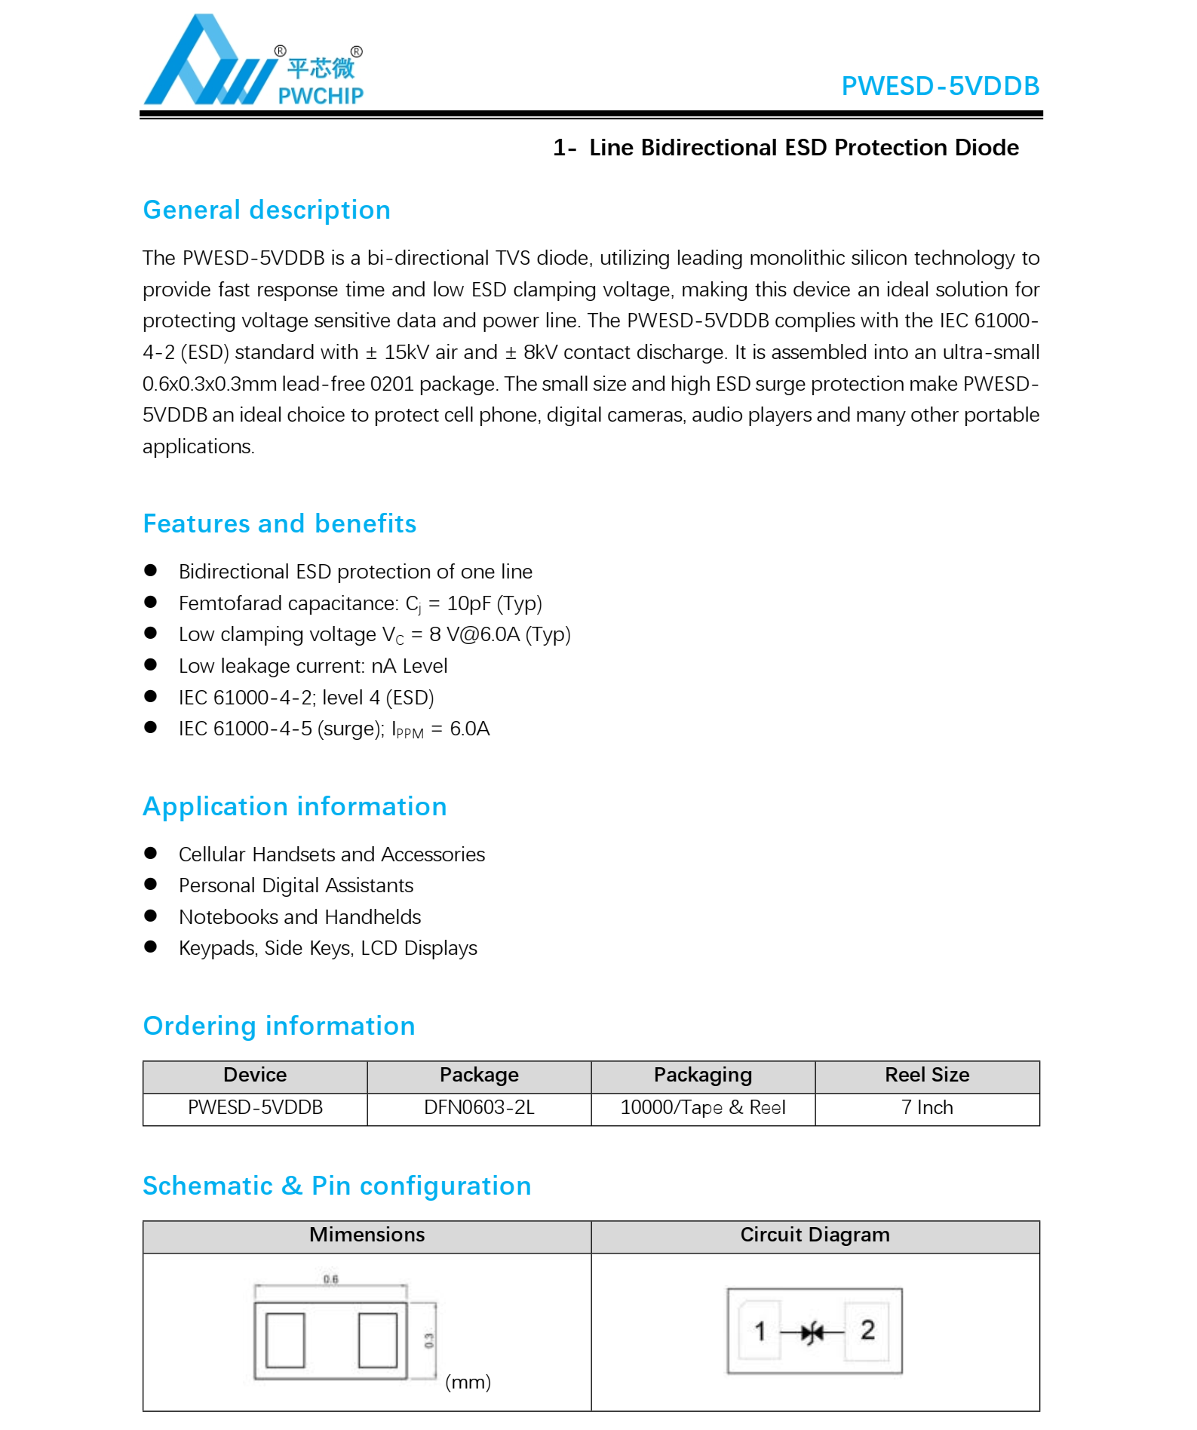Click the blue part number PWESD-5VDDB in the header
point(940,86)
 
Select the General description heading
point(266,210)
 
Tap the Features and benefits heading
point(279,523)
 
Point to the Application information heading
point(295,806)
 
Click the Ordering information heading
point(279,1026)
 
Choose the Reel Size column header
point(926,1075)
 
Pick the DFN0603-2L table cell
point(479,1107)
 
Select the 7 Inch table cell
point(926,1107)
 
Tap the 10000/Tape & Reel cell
point(702,1107)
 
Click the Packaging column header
point(702,1075)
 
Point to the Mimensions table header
point(367,1235)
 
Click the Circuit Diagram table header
point(815,1235)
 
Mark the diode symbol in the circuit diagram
point(812,1333)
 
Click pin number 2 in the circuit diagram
point(867,1330)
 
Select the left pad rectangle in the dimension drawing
point(286,1339)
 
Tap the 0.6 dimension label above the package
point(330,1279)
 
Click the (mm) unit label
point(468,1382)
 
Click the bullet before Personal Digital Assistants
point(151,884)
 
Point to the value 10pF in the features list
point(468,603)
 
